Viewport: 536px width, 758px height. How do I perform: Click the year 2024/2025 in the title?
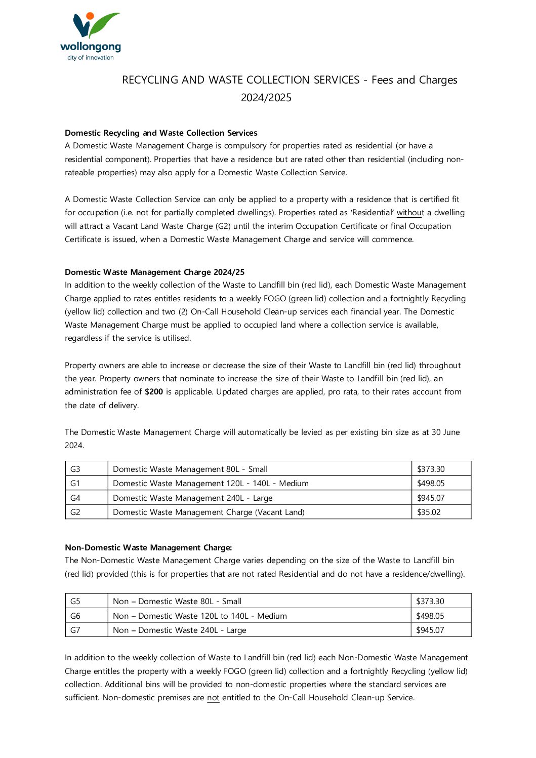click(x=266, y=98)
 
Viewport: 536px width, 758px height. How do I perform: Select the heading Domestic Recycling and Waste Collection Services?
click(x=161, y=133)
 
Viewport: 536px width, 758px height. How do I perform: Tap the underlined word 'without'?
click(x=410, y=213)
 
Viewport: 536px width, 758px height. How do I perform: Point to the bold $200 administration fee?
click(x=154, y=392)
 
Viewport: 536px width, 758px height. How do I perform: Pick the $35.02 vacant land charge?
click(x=429, y=512)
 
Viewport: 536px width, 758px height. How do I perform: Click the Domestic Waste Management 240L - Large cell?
click(x=193, y=498)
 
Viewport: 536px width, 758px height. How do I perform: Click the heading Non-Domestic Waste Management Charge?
click(x=148, y=547)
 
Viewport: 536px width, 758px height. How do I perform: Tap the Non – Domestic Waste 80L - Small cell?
click(x=177, y=602)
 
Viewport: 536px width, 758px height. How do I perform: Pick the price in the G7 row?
click(x=430, y=630)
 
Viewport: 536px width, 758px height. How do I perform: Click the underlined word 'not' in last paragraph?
click(x=213, y=698)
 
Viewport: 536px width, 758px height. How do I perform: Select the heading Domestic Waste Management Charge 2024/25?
click(x=154, y=272)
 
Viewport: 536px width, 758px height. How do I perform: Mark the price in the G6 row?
click(x=430, y=616)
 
